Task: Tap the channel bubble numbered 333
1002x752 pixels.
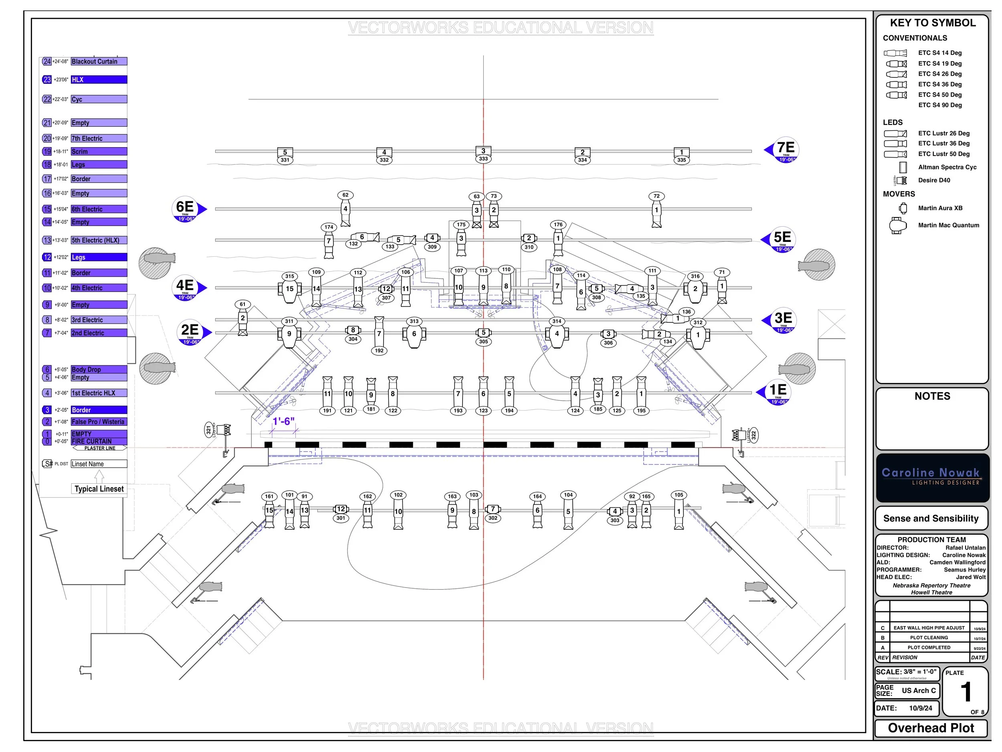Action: click(x=483, y=159)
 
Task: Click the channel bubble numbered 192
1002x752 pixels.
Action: click(x=379, y=351)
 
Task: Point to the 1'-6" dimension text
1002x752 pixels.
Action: click(x=284, y=422)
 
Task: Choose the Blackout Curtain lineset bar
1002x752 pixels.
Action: click(x=99, y=61)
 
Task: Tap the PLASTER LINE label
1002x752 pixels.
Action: click(x=100, y=448)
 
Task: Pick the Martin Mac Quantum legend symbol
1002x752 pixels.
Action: click(x=897, y=225)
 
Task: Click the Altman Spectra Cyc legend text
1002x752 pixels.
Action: click(x=947, y=167)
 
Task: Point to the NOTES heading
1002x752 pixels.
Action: click(x=932, y=396)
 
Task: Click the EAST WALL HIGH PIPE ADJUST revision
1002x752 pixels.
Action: click(x=929, y=628)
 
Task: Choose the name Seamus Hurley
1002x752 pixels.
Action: click(x=964, y=570)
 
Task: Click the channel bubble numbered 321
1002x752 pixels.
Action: click(x=209, y=430)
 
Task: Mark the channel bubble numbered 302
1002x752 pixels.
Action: click(x=493, y=518)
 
